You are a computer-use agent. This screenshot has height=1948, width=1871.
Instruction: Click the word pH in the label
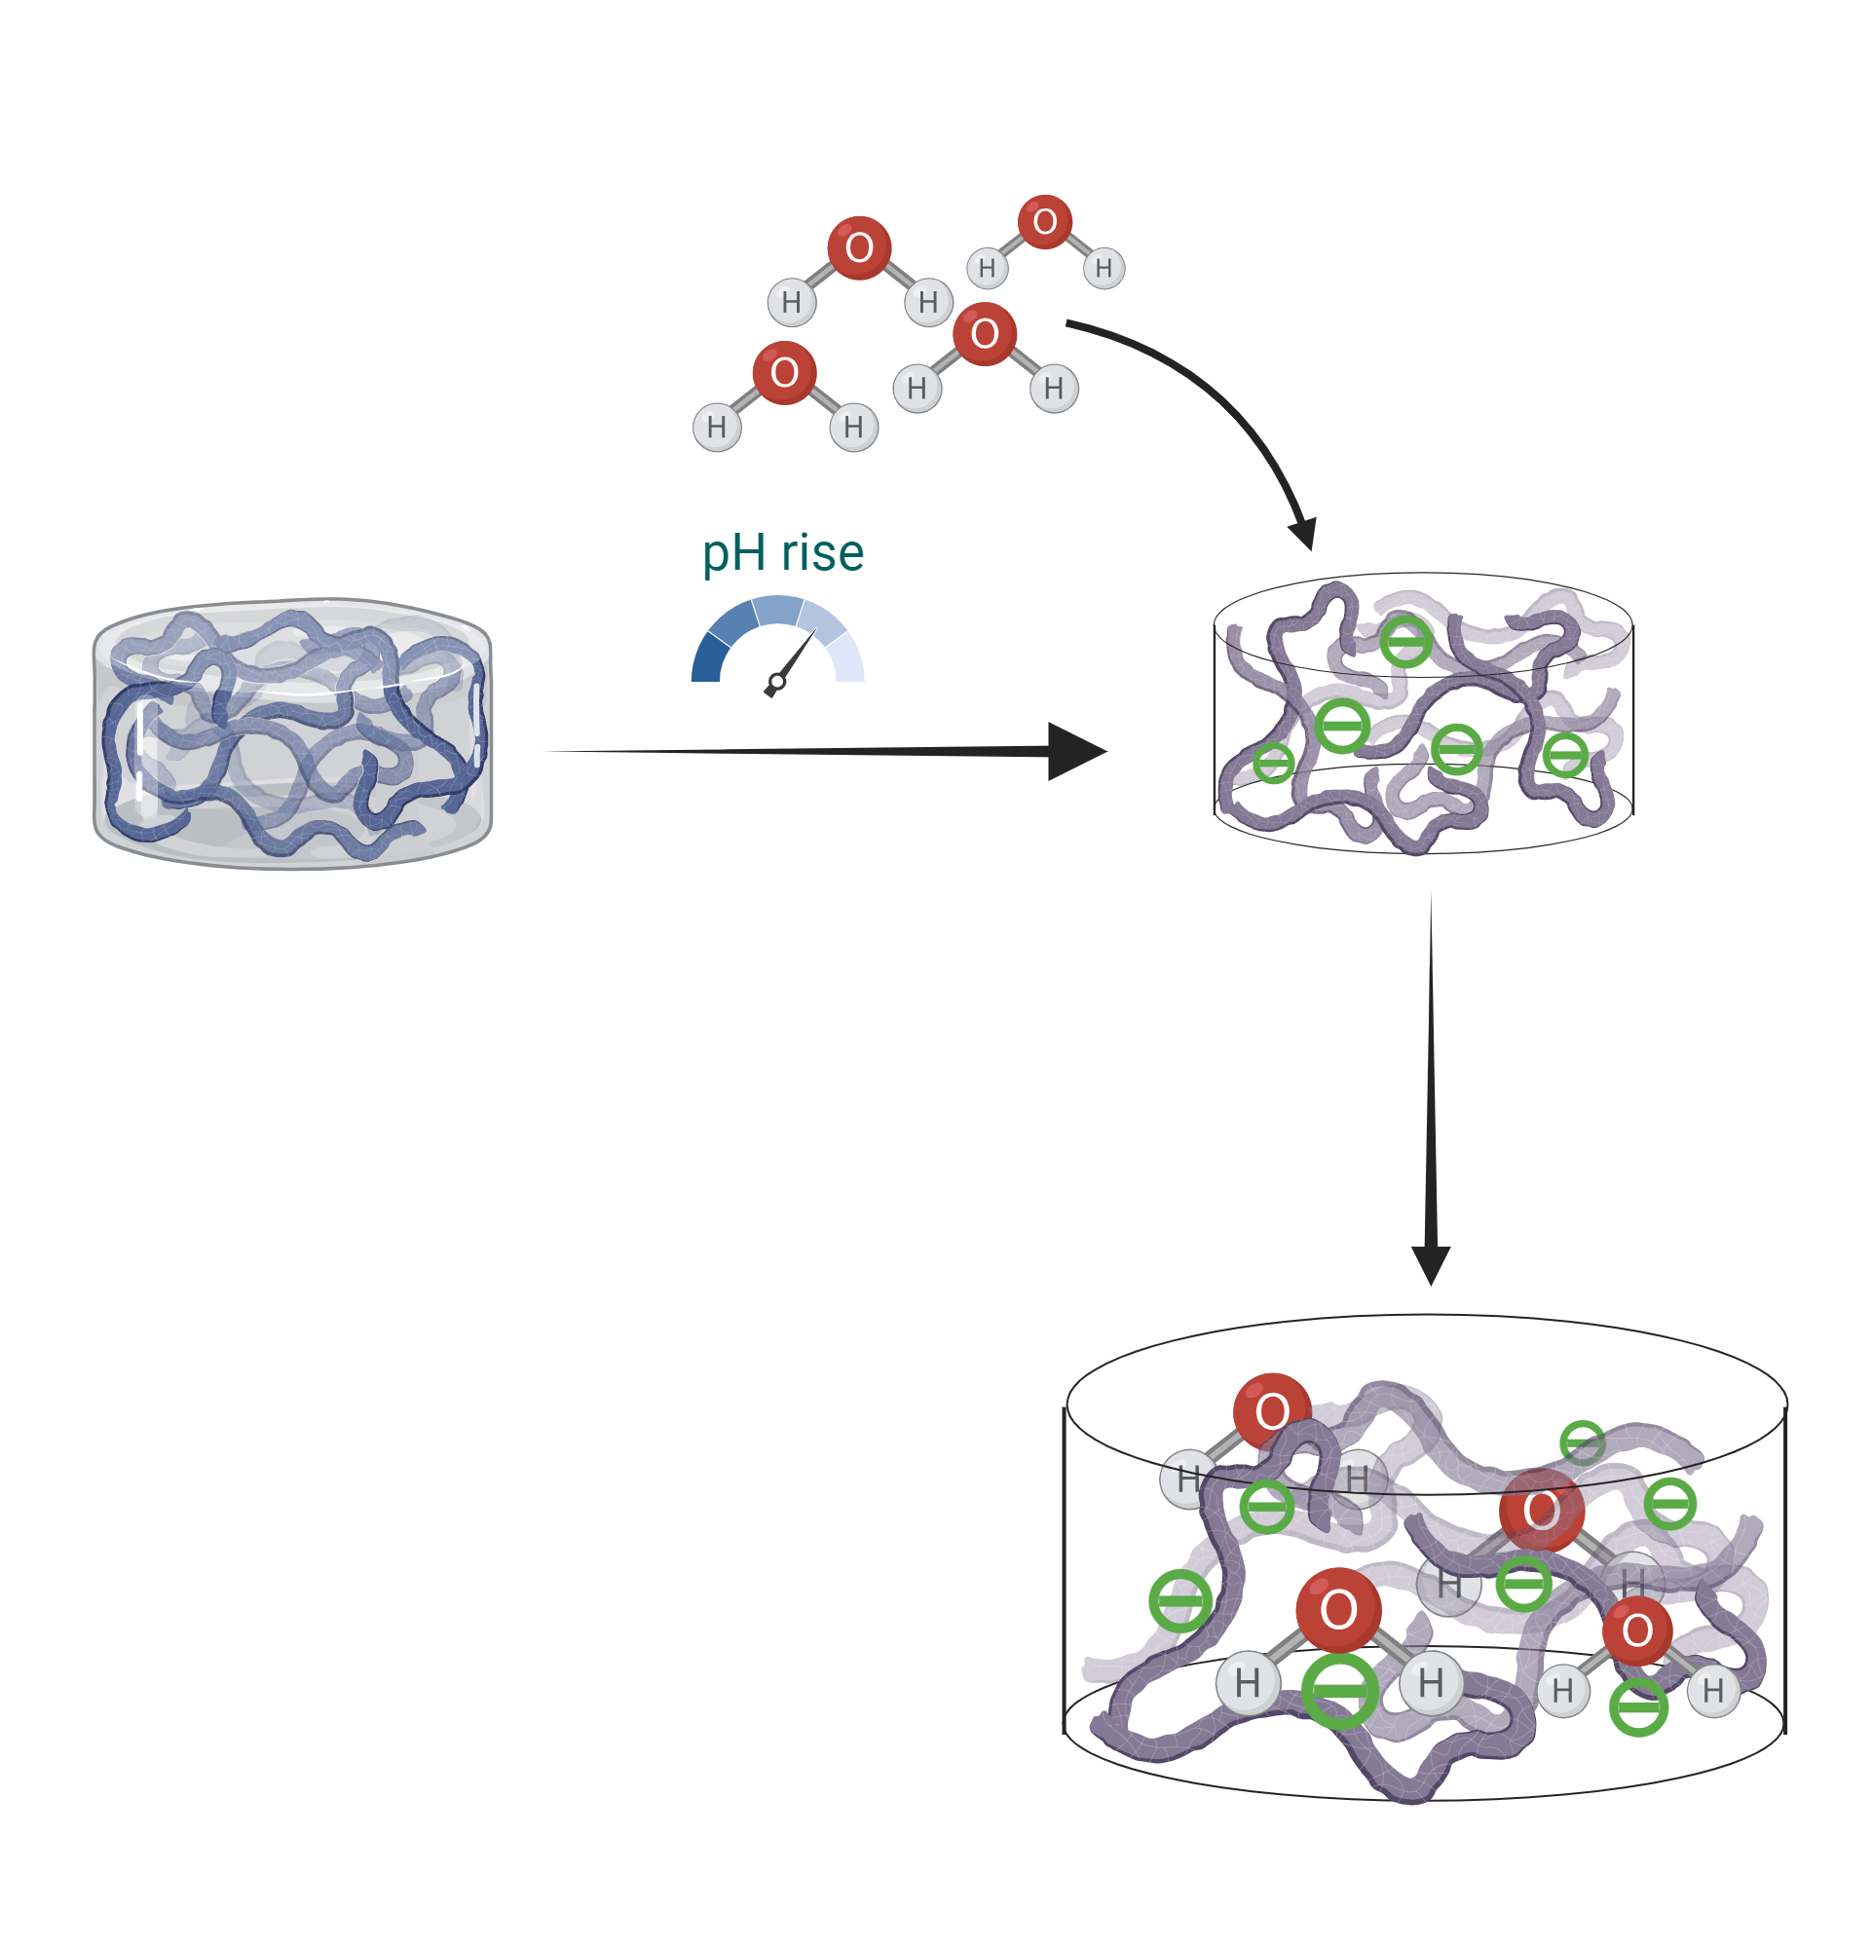[x=733, y=553]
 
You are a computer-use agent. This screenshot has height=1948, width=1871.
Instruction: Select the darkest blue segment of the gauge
[x=707, y=660]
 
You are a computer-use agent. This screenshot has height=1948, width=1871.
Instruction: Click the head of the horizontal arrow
[x=1075, y=751]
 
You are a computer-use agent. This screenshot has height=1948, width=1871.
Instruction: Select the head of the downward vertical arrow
[x=1431, y=1264]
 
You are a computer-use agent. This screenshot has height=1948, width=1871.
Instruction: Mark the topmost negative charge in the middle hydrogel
[x=1406, y=641]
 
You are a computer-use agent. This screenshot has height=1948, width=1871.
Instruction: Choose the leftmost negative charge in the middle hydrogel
[x=1273, y=764]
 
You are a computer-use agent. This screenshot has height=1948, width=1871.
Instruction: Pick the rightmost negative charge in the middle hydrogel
[x=1565, y=754]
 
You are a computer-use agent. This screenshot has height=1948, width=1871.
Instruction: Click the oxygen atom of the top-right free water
[x=1044, y=222]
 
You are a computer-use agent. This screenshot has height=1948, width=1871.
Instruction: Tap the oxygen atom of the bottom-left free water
[x=784, y=373]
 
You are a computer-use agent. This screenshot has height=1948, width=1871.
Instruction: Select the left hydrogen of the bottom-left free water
[x=717, y=428]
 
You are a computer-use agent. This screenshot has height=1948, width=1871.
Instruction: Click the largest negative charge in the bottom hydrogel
[x=1339, y=1691]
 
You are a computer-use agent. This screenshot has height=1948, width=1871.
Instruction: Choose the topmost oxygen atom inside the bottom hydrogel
[x=1272, y=1411]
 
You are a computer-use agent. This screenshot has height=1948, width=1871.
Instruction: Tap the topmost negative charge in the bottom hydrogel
[x=1582, y=1443]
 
